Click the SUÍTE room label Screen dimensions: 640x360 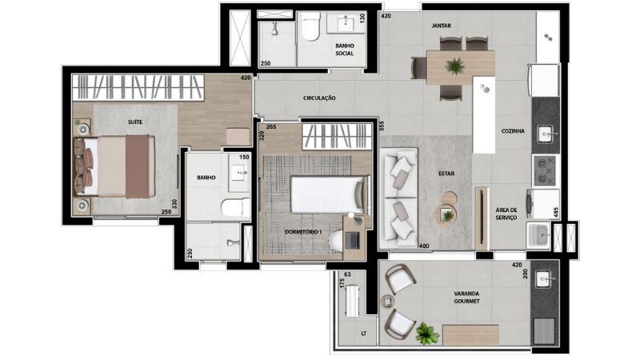coord(135,122)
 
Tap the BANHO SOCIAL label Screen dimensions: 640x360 coord(345,50)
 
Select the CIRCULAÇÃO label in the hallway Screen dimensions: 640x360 coord(319,98)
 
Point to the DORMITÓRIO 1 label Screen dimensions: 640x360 coord(303,232)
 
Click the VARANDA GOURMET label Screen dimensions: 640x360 coord(466,297)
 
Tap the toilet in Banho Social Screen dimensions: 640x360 coord(311,27)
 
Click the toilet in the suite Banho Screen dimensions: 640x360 coord(235,207)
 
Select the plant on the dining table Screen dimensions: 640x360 coord(454,66)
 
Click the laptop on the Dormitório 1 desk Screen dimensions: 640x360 coord(352,241)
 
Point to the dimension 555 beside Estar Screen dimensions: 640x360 coord(382,126)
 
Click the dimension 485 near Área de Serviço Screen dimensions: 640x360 coord(555,212)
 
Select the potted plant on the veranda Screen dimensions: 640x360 coord(427,334)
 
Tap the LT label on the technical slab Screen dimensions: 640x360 coord(363,334)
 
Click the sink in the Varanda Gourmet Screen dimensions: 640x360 coord(543,279)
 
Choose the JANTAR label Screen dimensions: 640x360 coord(442,26)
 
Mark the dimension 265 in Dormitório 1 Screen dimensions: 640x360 coord(271,127)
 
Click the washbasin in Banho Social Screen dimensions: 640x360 coord(346,22)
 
